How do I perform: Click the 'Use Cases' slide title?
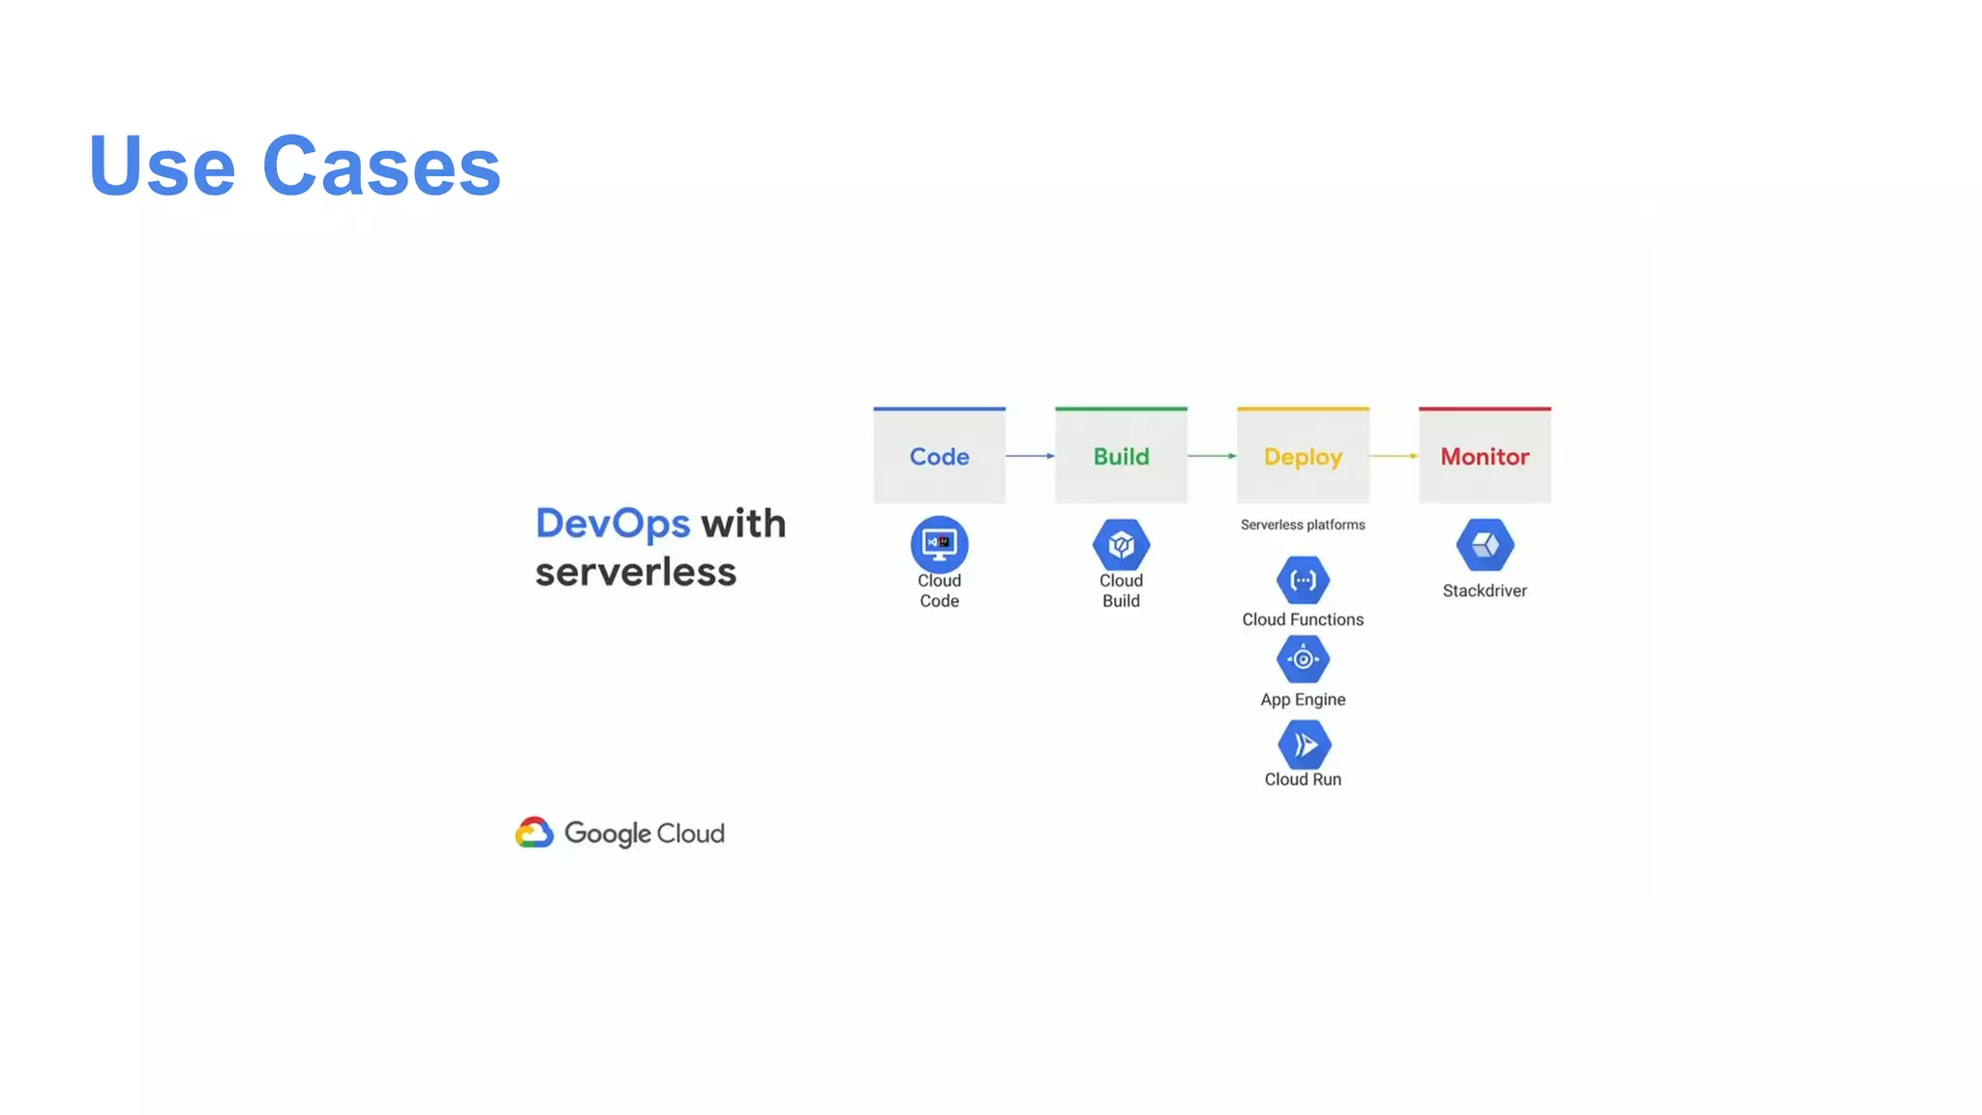coord(294,166)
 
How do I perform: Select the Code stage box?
coord(939,456)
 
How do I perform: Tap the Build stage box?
coord(1121,456)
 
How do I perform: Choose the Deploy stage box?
coord(1303,456)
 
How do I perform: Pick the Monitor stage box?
coord(1485,456)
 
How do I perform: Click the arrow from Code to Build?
coord(1030,456)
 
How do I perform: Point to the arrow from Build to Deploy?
coord(1212,456)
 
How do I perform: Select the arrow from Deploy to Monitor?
coord(1394,456)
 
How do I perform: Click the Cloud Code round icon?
coord(939,544)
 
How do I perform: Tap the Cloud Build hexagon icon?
coord(1121,545)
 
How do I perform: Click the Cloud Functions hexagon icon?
coord(1303,581)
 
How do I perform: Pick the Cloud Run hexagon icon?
coord(1304,744)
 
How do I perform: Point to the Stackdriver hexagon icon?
coord(1485,545)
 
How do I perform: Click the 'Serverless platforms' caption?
coord(1303,525)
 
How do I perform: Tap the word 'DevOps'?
coord(613,524)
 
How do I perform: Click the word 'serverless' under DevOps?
coord(636,572)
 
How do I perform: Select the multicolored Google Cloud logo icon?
coord(534,832)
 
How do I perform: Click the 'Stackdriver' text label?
coord(1485,590)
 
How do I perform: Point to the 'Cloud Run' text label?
coord(1303,779)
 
